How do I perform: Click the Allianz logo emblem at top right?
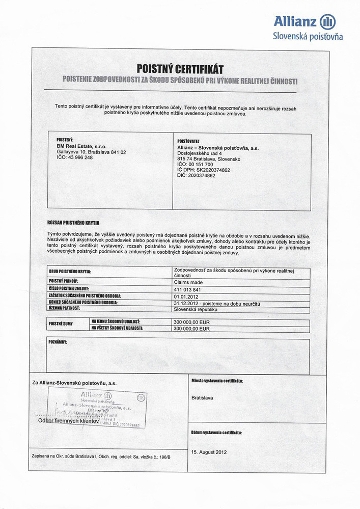[x=328, y=21]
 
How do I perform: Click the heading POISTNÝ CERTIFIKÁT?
[x=180, y=69]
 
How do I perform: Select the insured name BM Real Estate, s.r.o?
[x=81, y=146]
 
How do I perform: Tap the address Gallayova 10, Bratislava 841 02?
[x=91, y=152]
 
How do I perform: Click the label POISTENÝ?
[x=65, y=140]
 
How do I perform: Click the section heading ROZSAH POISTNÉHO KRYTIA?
[x=73, y=223]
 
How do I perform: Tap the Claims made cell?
[x=188, y=282]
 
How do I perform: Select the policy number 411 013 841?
[x=187, y=289]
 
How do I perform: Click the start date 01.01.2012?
[x=185, y=296]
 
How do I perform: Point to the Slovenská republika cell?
[x=196, y=309]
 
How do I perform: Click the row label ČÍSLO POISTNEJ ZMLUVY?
[x=69, y=289]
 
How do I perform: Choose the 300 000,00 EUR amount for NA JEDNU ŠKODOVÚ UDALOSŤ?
[x=192, y=323]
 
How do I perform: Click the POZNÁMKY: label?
[x=58, y=342]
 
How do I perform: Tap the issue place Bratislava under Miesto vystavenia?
[x=202, y=397]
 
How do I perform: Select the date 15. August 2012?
[x=209, y=451]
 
